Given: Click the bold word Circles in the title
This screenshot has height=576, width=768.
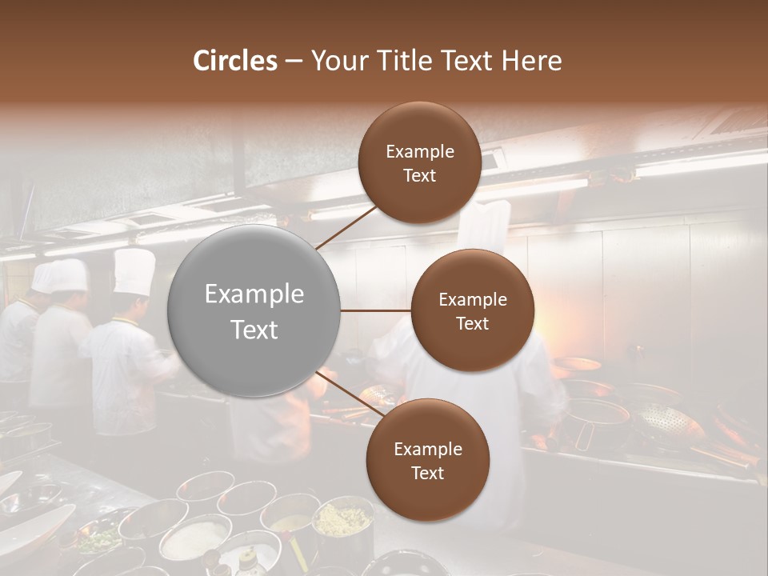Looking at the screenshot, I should pos(234,61).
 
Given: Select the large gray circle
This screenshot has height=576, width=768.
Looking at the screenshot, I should pos(254,310).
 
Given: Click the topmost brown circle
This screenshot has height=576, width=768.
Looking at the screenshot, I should pos(419,162).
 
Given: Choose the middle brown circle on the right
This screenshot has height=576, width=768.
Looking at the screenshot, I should pos(472,310).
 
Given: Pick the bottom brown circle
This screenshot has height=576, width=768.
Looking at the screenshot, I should pos(427,460).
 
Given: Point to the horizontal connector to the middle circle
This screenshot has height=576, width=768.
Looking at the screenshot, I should pos(376,310).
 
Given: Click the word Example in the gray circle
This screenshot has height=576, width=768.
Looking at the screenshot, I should pos(254,294).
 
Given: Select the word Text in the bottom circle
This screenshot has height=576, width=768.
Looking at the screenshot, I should pos(427,473).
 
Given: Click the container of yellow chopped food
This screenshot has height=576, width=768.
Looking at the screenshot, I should pos(342,520).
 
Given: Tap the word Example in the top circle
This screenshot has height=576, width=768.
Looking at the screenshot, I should pos(419,151).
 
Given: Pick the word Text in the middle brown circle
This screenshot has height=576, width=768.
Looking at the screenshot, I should pos(472,323).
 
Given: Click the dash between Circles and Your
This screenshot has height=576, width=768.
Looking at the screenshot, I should pos(294,61).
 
